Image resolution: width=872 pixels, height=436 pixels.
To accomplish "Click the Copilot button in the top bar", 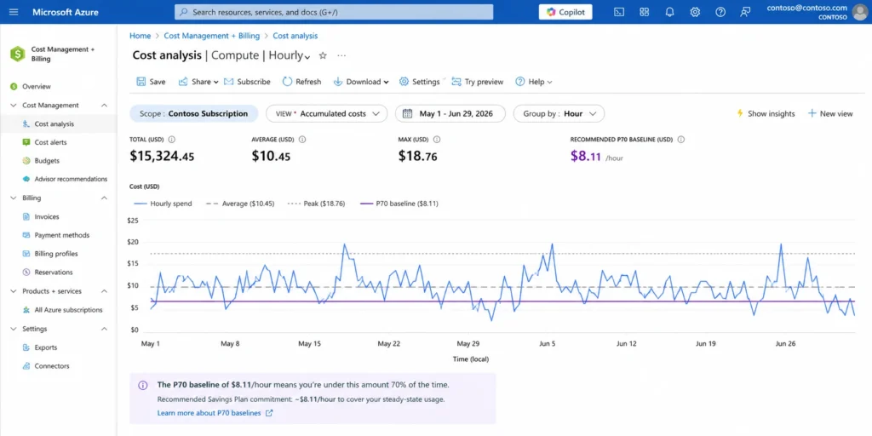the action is pos(565,12).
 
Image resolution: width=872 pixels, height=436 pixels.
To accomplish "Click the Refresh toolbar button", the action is pos(302,82).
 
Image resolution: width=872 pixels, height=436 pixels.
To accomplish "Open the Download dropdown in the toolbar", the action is pos(361,82).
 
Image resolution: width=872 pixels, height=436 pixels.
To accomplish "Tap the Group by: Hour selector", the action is pos(559,113).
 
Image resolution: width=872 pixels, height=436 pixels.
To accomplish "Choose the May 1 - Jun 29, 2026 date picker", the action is pos(450,113).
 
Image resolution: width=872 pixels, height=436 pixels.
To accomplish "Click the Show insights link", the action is pos(766,113).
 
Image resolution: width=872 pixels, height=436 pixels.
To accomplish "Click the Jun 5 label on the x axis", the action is pos(547,344).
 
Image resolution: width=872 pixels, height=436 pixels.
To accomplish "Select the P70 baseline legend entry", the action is pos(397,204).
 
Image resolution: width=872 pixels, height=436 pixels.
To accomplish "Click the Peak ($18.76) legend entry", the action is pos(317,204).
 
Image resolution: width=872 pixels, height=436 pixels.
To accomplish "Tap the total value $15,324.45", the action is pos(162,157).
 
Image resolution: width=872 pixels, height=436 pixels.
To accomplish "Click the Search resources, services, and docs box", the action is pos(334,12).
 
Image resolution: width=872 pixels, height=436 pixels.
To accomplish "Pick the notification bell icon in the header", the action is pos(669,12).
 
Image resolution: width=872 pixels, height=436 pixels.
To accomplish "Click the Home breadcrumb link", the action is pos(141,36).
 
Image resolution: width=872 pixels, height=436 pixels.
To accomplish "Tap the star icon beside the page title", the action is pos(323,55).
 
